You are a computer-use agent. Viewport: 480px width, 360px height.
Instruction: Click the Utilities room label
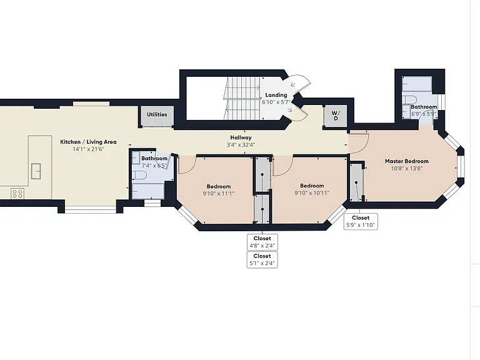pos(157,114)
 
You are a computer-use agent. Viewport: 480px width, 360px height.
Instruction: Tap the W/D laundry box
pos(336,116)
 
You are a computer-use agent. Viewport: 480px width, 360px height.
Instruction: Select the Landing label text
pos(276,95)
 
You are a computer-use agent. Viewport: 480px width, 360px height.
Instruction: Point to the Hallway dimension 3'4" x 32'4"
pos(241,145)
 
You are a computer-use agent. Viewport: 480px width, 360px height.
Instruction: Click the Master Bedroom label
pos(407,161)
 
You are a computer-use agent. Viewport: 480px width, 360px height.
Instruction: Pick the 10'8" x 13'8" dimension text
pos(407,168)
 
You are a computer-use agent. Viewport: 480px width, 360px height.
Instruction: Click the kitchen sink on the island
pos(36,171)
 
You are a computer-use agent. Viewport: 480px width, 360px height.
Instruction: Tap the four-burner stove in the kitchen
pos(17,194)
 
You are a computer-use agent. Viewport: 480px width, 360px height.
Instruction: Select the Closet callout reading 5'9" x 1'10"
pos(361,221)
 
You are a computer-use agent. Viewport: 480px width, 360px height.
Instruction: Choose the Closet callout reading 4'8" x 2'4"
pos(262,242)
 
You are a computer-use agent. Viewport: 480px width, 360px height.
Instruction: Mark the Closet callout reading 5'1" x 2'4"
pos(262,259)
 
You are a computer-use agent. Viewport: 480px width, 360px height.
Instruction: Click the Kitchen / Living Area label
pos(88,142)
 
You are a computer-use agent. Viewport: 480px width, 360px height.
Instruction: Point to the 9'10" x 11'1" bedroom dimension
pos(219,194)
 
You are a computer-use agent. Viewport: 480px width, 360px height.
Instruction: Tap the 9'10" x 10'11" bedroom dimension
pos(312,193)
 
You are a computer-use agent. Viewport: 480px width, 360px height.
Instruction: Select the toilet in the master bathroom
pos(409,100)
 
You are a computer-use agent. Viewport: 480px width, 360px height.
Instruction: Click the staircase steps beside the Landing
pos(242,98)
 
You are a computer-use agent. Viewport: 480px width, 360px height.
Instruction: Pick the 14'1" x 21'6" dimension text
pos(88,149)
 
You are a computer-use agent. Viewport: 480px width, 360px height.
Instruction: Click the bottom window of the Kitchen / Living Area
pos(90,209)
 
